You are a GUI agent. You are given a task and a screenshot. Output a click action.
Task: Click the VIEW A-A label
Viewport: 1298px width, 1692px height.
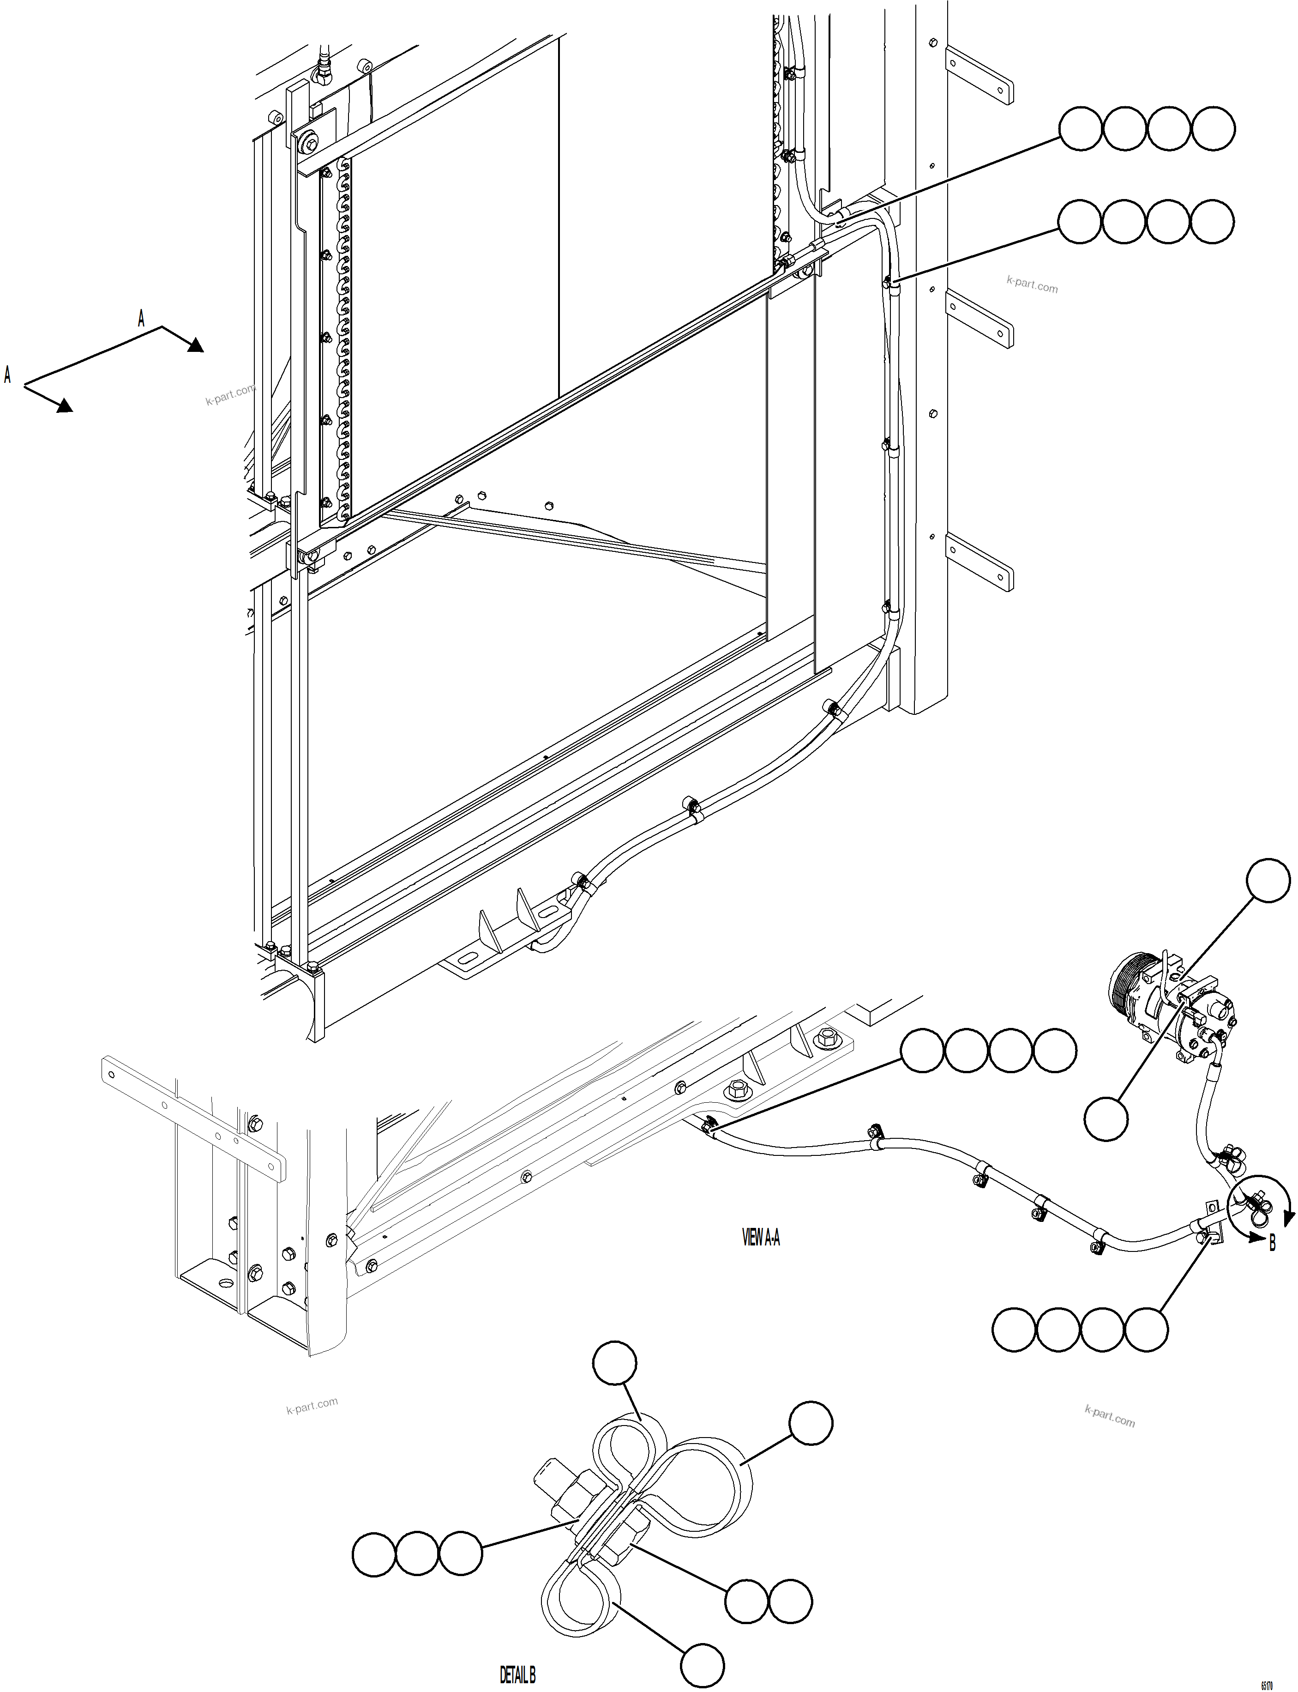(761, 1238)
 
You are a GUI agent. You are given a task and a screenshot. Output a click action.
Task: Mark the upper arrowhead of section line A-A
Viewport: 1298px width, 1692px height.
(195, 345)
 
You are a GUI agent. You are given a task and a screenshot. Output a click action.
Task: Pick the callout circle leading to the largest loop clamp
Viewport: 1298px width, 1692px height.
(811, 1422)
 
